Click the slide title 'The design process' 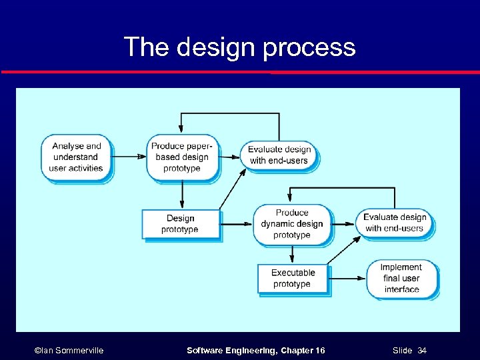239,47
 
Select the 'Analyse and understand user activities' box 77,157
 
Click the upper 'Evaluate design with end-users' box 279,155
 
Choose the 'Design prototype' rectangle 180,223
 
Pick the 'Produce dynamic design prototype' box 291,224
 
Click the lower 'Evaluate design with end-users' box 395,223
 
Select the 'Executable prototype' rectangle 293,278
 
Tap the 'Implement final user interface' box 401,278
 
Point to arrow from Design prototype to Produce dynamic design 236,224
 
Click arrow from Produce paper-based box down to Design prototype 181,195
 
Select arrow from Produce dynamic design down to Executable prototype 291,254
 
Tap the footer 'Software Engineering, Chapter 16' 256,350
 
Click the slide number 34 421,350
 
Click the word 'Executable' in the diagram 293,273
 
